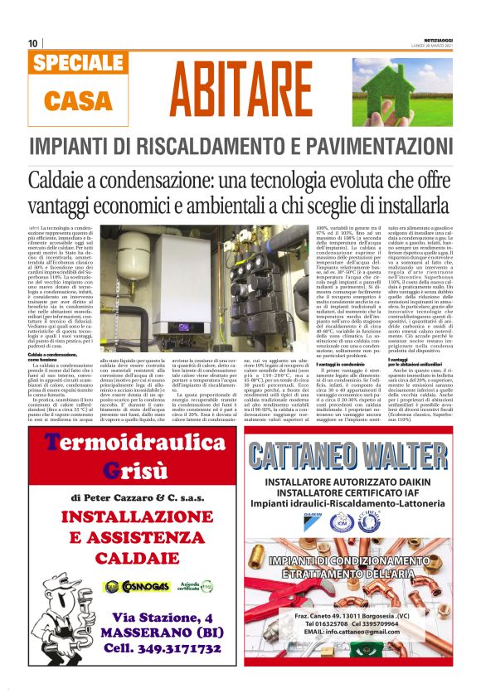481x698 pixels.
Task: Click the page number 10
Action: pyautogui.click(x=32, y=43)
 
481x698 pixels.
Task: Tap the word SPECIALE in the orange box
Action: pyautogui.click(x=80, y=63)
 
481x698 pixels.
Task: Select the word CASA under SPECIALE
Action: pyautogui.click(x=80, y=100)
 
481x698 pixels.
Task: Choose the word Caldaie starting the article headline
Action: pyautogui.click(x=62, y=180)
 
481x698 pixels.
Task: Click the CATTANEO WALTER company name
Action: pyautogui.click(x=359, y=455)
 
